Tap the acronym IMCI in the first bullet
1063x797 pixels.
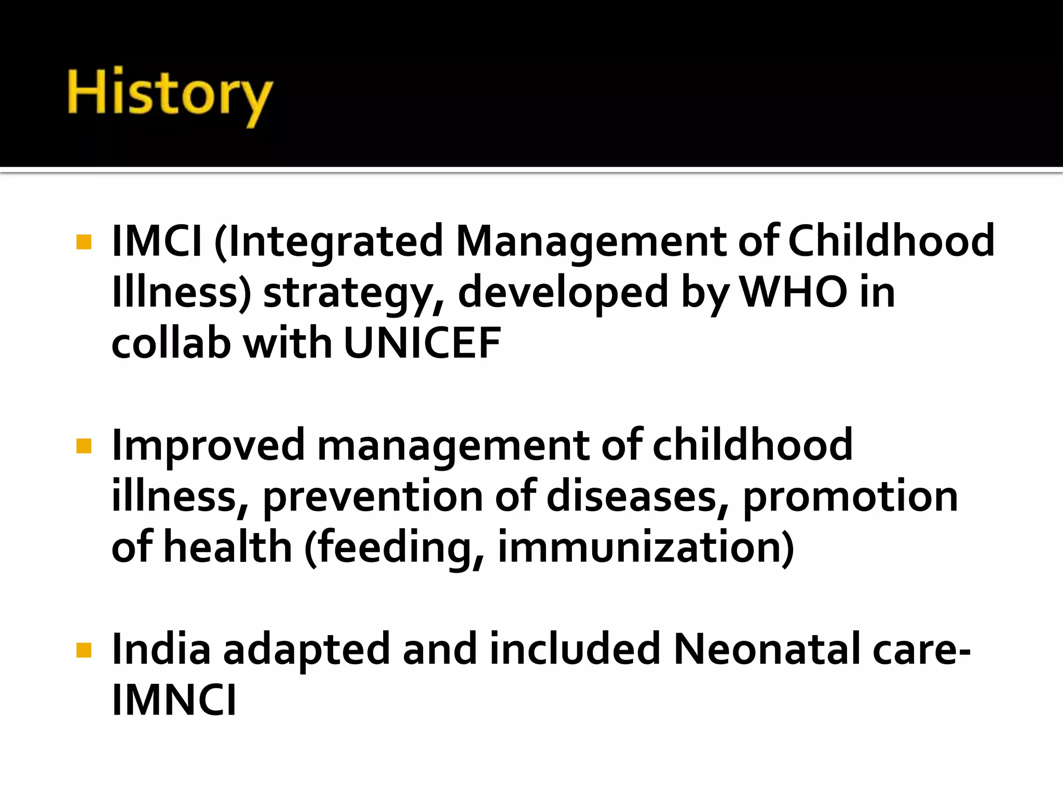coord(156,241)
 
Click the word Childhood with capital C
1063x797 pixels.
coord(891,241)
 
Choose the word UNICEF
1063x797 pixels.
coord(422,343)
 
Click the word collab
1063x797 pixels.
coord(171,343)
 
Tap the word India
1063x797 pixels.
coord(161,649)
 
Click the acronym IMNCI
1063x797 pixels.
coord(174,699)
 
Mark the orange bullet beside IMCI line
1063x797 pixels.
coord(84,242)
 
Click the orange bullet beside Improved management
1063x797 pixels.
coord(84,446)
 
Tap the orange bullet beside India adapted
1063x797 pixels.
coord(84,650)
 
